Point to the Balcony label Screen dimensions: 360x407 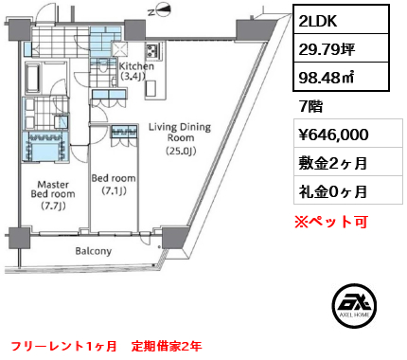click(x=94, y=251)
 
